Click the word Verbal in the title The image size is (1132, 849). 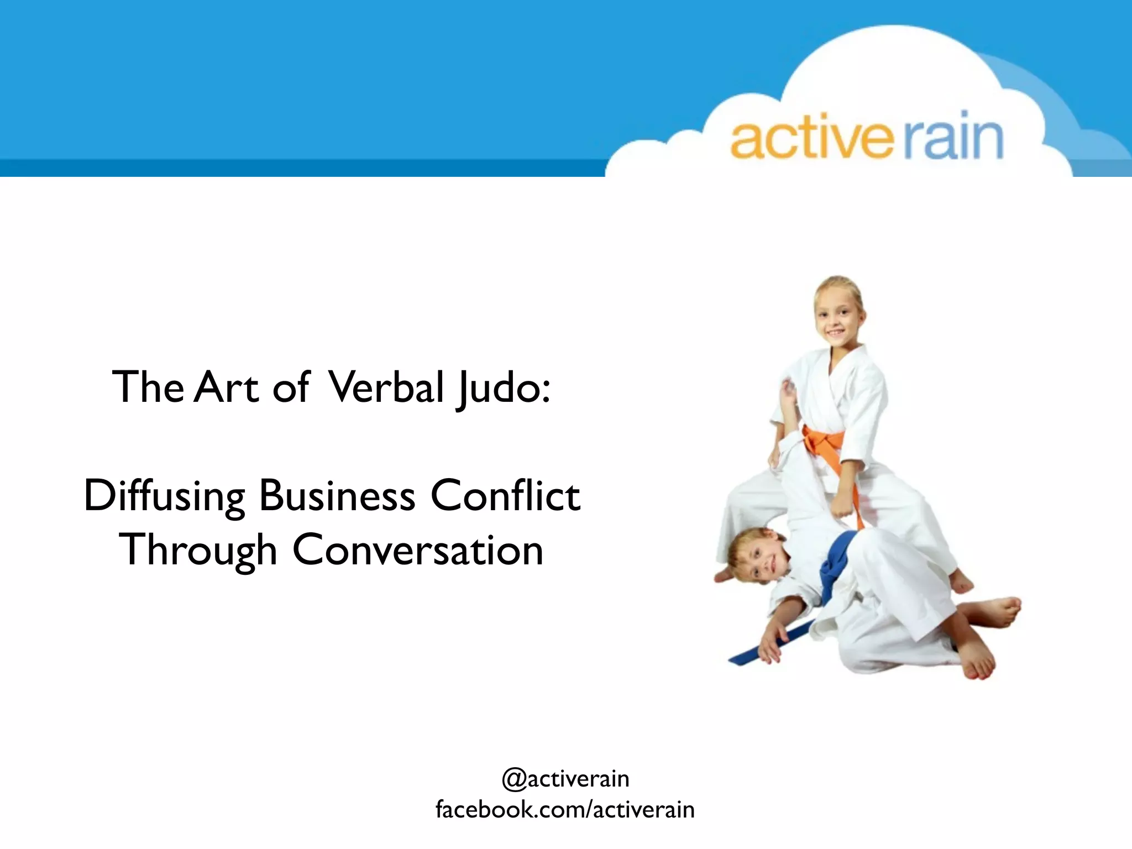click(x=386, y=387)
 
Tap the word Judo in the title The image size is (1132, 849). click(x=496, y=388)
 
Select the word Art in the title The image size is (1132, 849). click(x=227, y=387)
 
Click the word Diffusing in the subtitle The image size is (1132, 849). click(x=164, y=496)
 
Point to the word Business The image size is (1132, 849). click(x=337, y=496)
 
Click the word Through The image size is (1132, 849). click(x=198, y=551)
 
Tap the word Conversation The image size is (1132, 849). click(x=418, y=551)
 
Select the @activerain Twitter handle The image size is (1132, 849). click(x=565, y=779)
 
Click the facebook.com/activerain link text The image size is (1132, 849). click(x=565, y=810)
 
